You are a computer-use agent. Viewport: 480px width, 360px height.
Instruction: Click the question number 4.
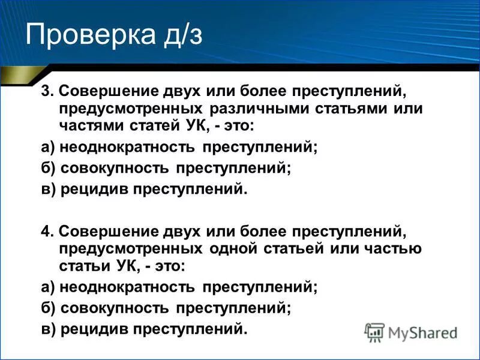(46, 232)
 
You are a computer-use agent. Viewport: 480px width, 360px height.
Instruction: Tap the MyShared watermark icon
(374, 332)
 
